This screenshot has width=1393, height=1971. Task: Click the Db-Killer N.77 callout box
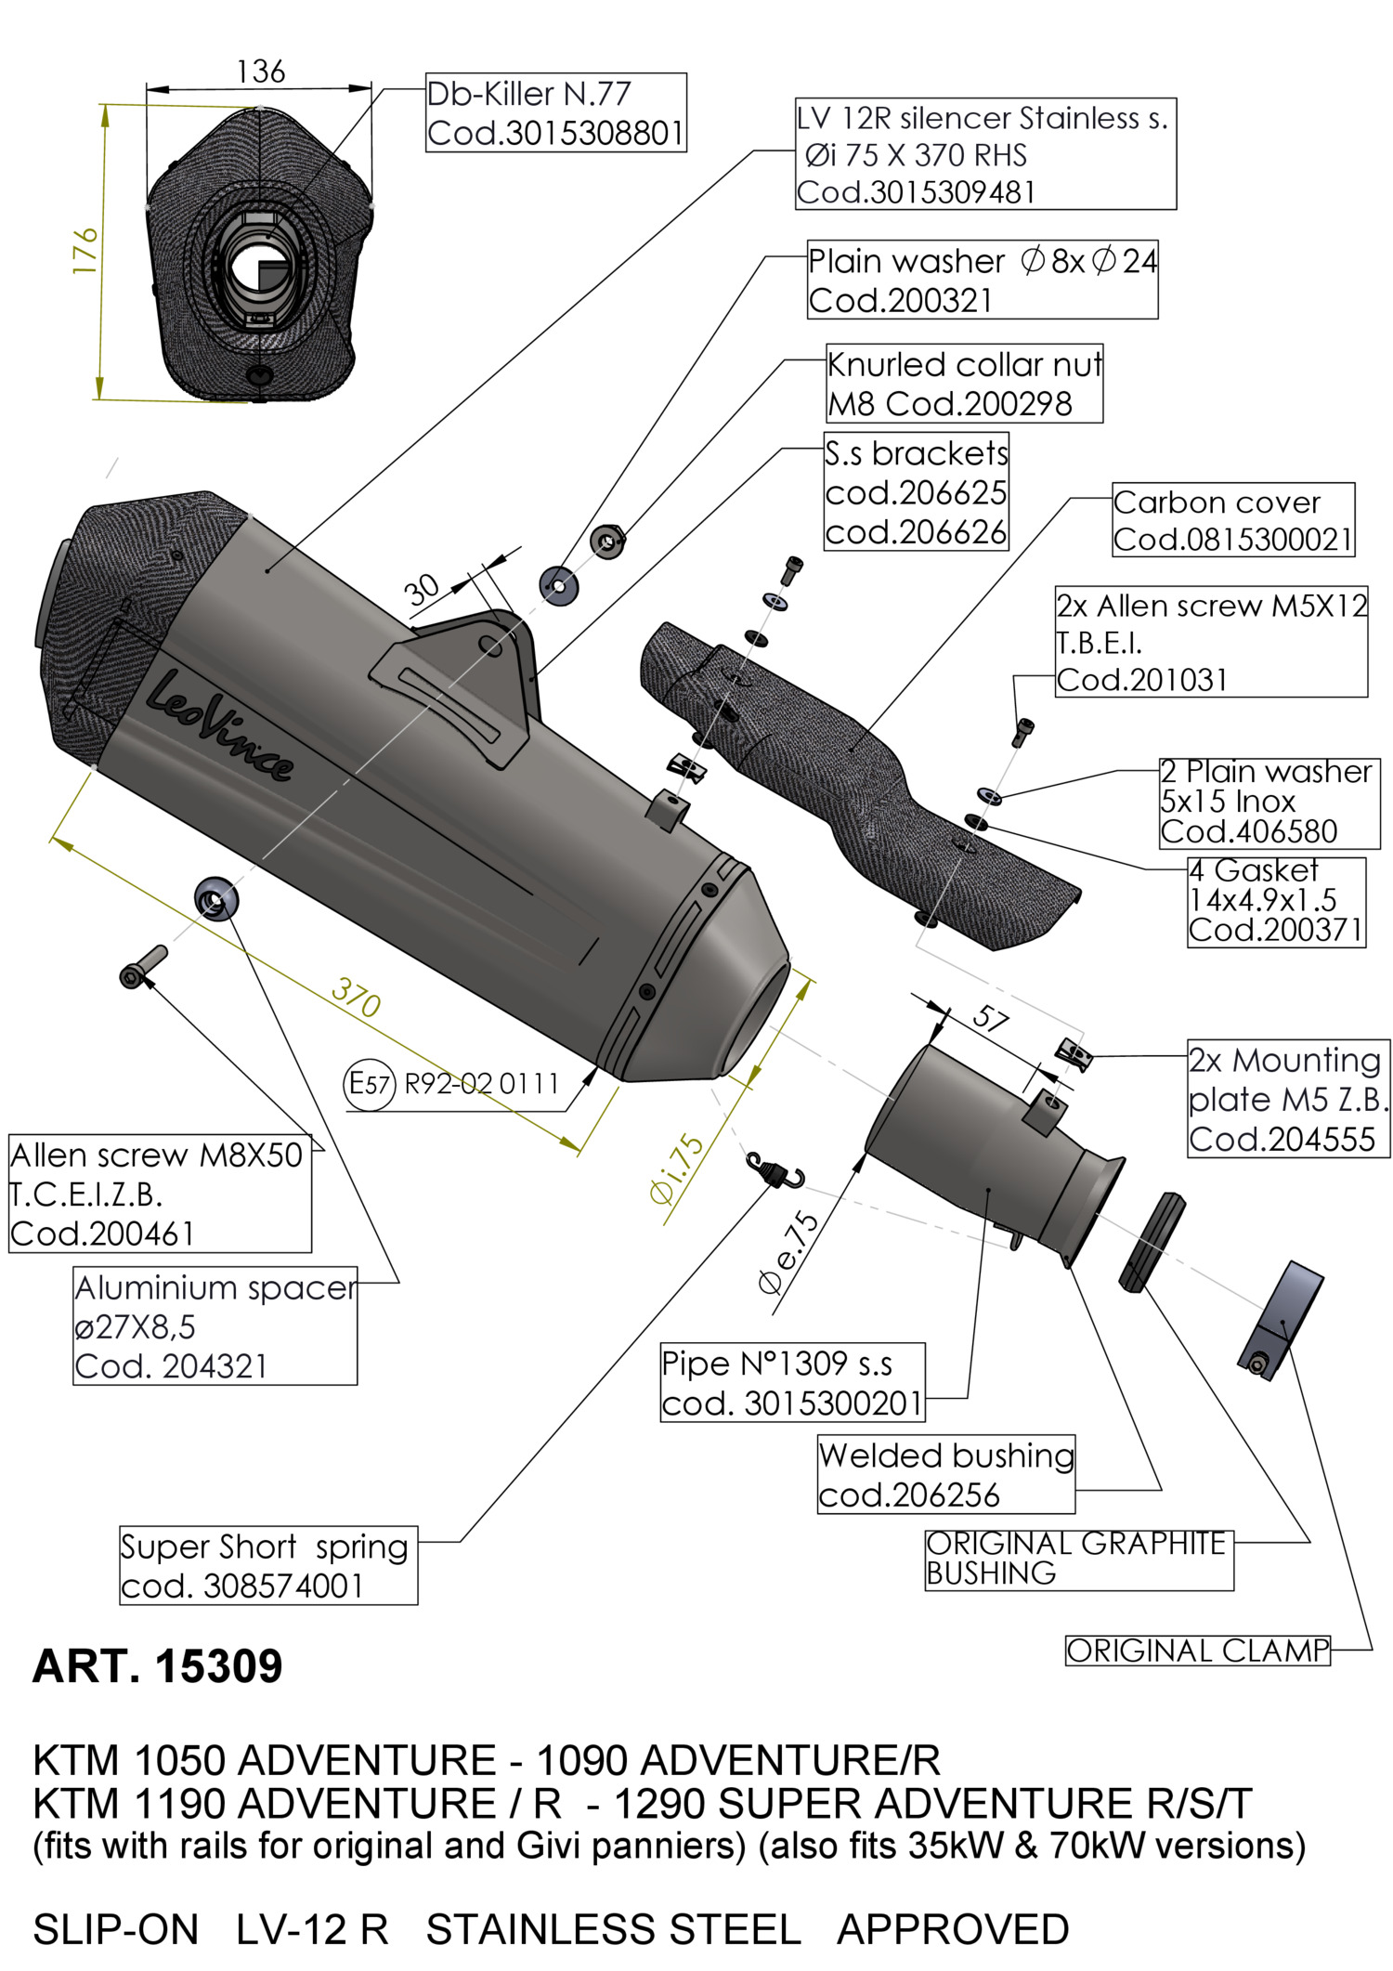click(555, 112)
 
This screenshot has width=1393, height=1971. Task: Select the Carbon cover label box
click(1232, 520)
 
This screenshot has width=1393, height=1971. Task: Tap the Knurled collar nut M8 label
click(964, 384)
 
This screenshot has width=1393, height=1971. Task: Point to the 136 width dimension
click(260, 72)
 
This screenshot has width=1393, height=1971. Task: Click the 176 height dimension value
click(85, 250)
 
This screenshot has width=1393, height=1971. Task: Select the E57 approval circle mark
click(370, 1082)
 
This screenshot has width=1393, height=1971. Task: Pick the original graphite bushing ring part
click(1152, 1242)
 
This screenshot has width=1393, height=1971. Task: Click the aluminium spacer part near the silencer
click(215, 899)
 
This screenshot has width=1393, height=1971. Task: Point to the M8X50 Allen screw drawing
click(143, 966)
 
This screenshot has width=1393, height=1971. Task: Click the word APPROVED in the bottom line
click(953, 1929)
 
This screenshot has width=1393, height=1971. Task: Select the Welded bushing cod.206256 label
click(945, 1474)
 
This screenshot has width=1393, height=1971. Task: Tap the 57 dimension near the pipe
click(990, 1019)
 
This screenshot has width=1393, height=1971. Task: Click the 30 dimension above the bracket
click(422, 589)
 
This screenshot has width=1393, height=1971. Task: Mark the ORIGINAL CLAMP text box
click(1197, 1651)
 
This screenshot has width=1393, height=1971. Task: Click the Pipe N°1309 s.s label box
click(792, 1382)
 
